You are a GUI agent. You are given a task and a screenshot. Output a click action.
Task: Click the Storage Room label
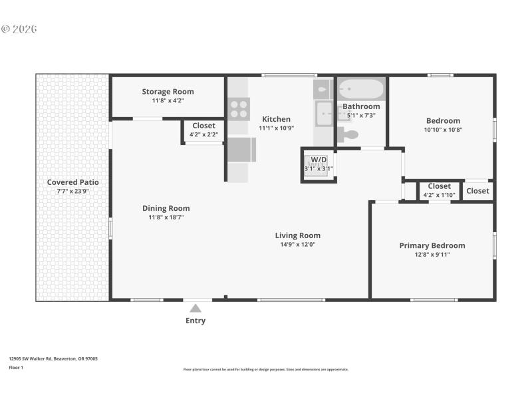click(x=168, y=92)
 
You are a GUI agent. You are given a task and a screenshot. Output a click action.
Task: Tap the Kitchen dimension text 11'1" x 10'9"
click(x=276, y=128)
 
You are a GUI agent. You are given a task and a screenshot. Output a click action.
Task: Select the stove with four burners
click(x=239, y=108)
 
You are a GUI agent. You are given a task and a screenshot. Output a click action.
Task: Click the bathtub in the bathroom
click(x=361, y=89)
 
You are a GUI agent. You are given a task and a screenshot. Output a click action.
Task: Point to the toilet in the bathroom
click(x=348, y=134)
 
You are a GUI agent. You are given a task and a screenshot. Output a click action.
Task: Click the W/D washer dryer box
click(x=319, y=164)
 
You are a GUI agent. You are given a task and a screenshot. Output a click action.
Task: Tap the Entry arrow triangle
click(x=196, y=308)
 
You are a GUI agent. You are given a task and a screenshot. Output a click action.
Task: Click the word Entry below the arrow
click(x=196, y=321)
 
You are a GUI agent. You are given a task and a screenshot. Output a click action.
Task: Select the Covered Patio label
click(x=72, y=182)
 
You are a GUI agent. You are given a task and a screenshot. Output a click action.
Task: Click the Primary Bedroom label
click(x=432, y=245)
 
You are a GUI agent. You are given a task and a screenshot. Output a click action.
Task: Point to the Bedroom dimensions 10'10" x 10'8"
click(x=443, y=130)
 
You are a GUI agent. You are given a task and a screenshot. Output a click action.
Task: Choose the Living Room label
click(x=298, y=235)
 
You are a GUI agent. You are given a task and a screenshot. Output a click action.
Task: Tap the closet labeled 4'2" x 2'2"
click(x=203, y=130)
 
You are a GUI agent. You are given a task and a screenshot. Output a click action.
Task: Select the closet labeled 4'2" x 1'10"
click(x=439, y=190)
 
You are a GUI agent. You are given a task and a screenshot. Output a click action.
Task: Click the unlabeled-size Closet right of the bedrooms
click(x=477, y=191)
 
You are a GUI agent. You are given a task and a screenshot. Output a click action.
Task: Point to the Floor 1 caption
click(x=16, y=367)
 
